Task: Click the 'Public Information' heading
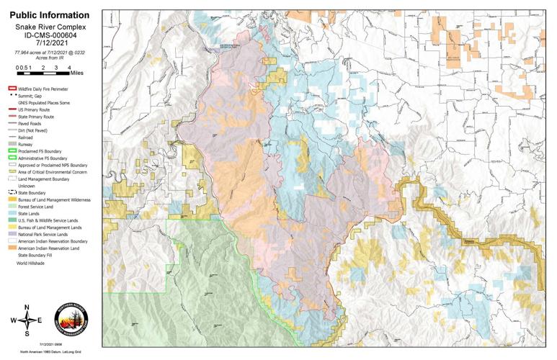(x=50, y=15)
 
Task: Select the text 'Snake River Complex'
(x=50, y=26)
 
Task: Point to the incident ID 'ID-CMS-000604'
(x=50, y=35)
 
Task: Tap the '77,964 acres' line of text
(x=50, y=51)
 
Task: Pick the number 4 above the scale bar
(x=68, y=67)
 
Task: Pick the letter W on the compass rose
(x=12, y=321)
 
